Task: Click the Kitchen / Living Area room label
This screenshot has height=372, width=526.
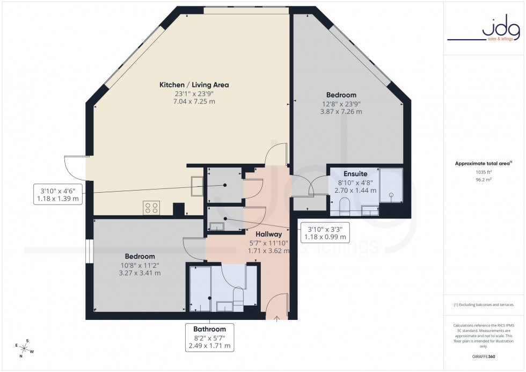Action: [194, 85]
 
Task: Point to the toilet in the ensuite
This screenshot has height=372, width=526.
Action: [344, 206]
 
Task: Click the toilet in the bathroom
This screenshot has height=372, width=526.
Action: [238, 296]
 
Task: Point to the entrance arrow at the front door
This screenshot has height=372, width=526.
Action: [277, 320]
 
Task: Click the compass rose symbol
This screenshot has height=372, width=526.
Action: [24, 349]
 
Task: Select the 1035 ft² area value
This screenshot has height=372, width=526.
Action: [484, 172]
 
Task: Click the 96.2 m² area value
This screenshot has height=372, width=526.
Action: [484, 180]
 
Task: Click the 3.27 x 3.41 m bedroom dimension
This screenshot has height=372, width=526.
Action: [140, 273]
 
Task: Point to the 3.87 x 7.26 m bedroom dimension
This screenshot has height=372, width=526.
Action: [341, 112]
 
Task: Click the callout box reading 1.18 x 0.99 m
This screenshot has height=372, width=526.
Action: [325, 232]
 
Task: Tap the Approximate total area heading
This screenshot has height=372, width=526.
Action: [484, 163]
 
